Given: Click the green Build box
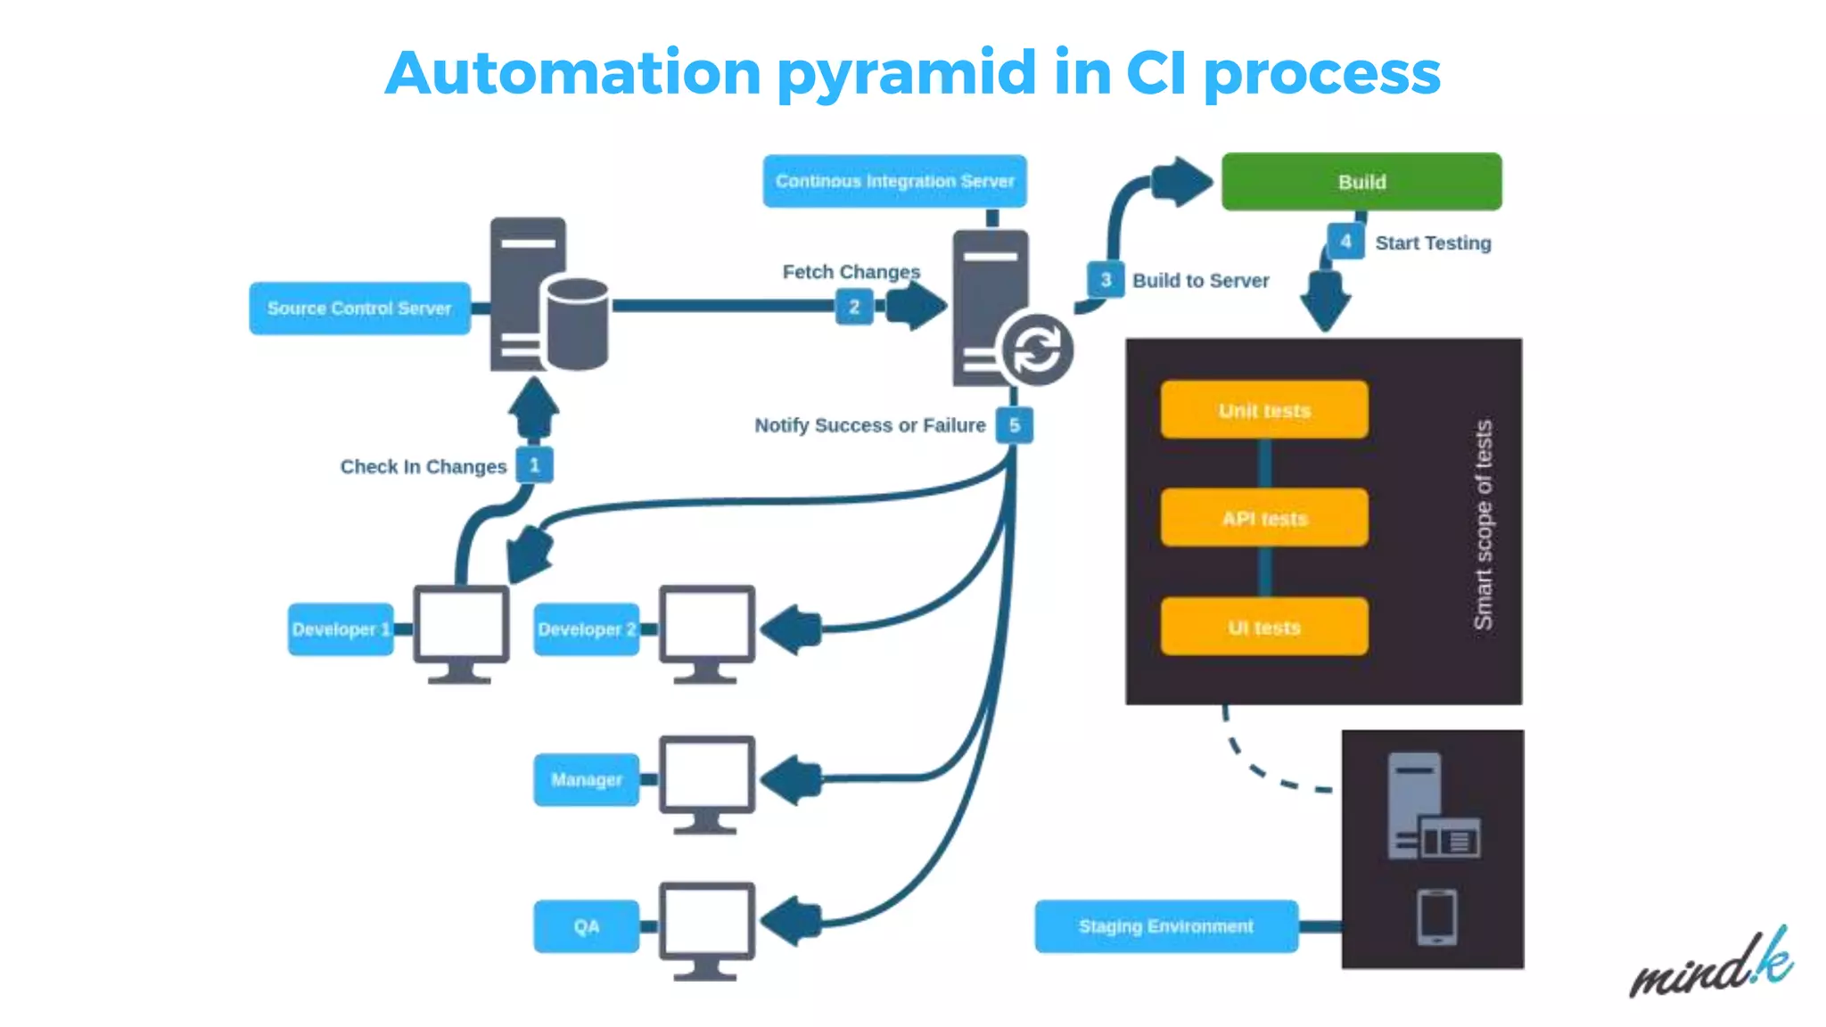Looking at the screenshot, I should pyautogui.click(x=1361, y=182).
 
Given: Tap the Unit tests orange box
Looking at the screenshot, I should pyautogui.click(x=1263, y=410).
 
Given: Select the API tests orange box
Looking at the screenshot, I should pyautogui.click(x=1263, y=518).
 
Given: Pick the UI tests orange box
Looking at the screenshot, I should pyautogui.click(x=1263, y=627).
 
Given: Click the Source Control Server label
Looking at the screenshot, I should pyautogui.click(x=359, y=308).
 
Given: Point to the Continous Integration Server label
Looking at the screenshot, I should pyautogui.click(x=894, y=181).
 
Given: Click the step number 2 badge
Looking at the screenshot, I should pyautogui.click(x=853, y=308).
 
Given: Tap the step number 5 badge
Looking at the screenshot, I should pyautogui.click(x=1014, y=425).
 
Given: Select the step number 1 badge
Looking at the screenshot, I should pyautogui.click(x=534, y=465).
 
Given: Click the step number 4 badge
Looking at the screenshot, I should pyautogui.click(x=1345, y=241).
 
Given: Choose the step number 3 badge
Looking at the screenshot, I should pyautogui.click(x=1106, y=280).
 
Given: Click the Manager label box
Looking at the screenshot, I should pyautogui.click(x=586, y=780).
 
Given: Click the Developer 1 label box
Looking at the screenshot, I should pyautogui.click(x=340, y=629).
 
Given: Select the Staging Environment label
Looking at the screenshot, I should pyautogui.click(x=1165, y=926).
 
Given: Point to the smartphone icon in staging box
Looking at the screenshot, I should pyautogui.click(x=1436, y=916).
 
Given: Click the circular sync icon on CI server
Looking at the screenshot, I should pyautogui.click(x=1036, y=349).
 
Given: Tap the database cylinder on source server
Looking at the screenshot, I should pyautogui.click(x=578, y=324).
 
